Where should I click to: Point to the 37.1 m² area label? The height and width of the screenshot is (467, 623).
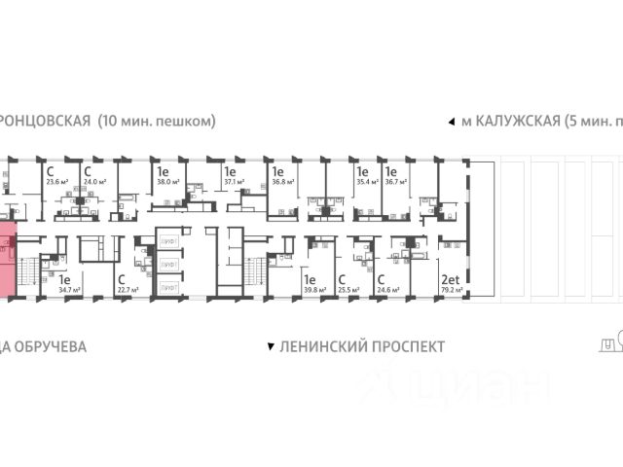pos(232,180)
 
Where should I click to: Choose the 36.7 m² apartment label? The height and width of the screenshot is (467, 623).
pos(394,180)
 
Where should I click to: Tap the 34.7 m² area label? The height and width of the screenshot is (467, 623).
pos(68,289)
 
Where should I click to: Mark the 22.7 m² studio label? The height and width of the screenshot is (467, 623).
pos(127,289)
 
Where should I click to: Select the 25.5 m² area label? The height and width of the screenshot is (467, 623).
pos(347,289)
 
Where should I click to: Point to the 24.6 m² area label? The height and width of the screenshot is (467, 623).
pos(388,289)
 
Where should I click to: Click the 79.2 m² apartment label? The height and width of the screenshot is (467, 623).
pos(451,289)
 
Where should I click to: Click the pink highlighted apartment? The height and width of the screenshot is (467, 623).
pos(8,261)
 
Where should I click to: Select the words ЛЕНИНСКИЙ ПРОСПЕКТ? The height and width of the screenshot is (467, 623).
pos(360,346)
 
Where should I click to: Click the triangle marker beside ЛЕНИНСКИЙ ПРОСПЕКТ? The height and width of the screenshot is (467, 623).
pos(269,346)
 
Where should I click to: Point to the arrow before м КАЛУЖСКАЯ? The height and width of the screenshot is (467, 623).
pos(450,122)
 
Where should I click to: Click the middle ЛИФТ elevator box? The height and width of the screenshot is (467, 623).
pos(168,264)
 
